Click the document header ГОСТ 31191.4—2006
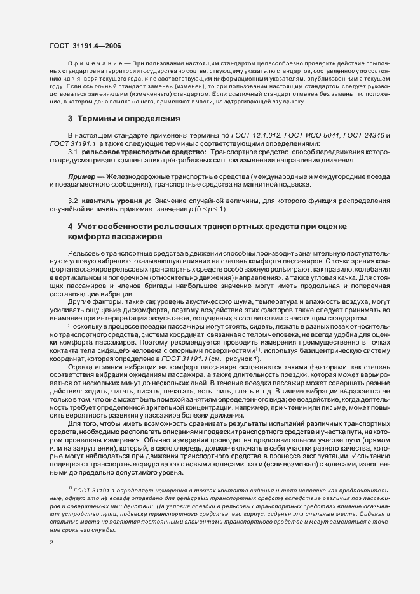(85, 45)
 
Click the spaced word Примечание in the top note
(92, 64)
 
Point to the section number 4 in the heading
(70, 227)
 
